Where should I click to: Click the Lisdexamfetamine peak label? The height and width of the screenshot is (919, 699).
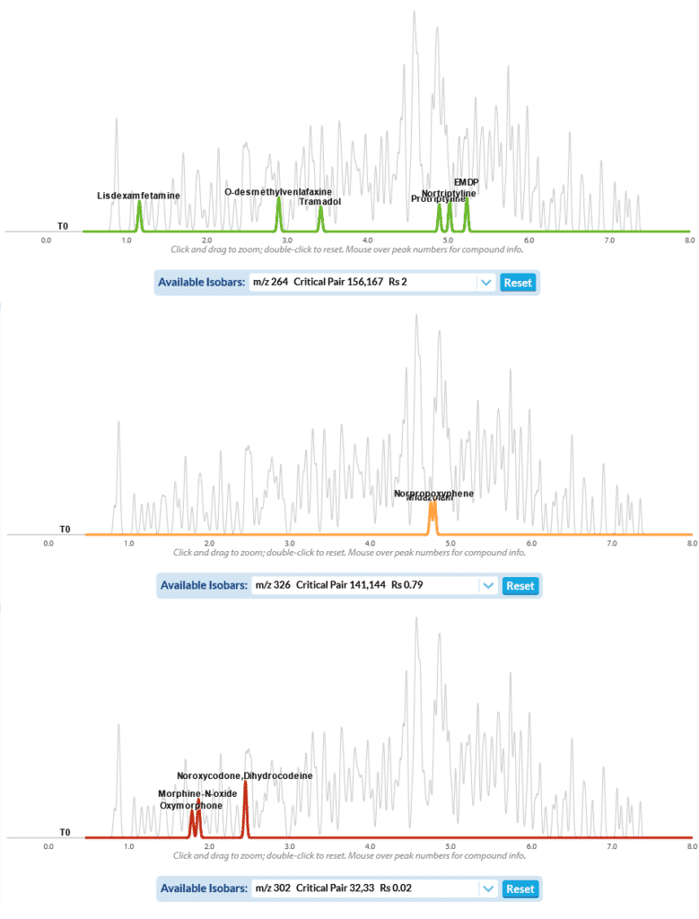coord(138,196)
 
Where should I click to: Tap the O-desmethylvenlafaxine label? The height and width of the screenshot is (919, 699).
coord(278,192)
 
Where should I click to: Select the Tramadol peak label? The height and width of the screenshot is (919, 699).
coord(320,202)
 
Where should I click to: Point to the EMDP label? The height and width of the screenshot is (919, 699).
coord(466,182)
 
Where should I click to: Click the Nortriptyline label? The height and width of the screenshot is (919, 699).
coord(449,193)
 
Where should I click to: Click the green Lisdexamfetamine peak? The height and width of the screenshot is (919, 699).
coord(139,215)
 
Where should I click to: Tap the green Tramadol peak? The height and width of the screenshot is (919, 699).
coord(320,218)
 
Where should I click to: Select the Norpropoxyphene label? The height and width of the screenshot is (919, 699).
coord(433,494)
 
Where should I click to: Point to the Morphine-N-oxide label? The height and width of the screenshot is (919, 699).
coord(197,794)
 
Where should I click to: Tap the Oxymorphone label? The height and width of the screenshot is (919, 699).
coord(191,806)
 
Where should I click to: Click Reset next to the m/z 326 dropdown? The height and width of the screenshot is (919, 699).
coord(520,586)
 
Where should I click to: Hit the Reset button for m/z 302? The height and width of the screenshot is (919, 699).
coord(520,889)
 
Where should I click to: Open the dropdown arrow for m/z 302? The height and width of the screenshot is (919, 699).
coord(487,889)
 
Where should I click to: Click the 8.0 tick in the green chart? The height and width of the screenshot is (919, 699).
coord(689,241)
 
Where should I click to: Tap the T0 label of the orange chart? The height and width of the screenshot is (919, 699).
coord(64,530)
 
